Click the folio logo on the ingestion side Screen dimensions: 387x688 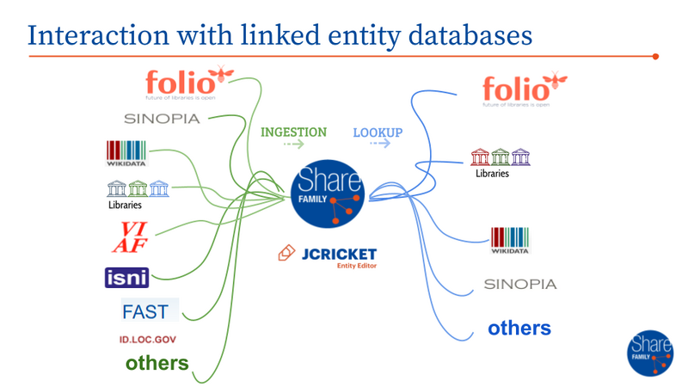point(187,84)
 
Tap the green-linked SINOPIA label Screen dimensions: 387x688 point(162,119)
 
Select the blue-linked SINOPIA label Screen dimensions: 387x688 point(520,284)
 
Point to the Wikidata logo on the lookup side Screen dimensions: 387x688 point(509,241)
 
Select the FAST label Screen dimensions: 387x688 point(144,310)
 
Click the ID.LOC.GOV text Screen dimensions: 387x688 point(148,340)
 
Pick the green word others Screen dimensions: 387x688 point(157,363)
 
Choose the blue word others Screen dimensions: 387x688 point(519,328)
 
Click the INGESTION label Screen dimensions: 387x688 point(293,132)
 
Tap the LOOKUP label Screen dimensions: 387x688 point(378,133)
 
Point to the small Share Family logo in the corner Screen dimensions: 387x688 point(651,350)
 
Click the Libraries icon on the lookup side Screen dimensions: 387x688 point(501,161)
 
